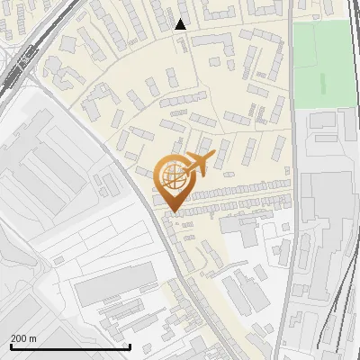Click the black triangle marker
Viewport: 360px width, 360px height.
click(x=180, y=24)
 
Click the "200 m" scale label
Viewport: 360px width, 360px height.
click(x=23, y=337)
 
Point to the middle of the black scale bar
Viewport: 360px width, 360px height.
click(x=70, y=346)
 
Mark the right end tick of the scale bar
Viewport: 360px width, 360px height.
click(x=130, y=346)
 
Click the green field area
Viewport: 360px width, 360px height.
click(x=324, y=63)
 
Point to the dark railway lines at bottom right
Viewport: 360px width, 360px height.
click(x=337, y=315)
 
